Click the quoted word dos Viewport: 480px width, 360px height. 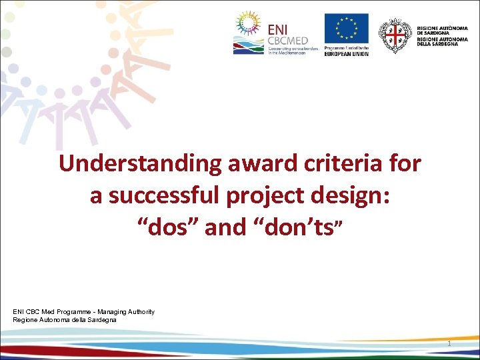click(167, 229)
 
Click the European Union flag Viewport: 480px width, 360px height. click(346, 29)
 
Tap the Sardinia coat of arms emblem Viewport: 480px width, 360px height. click(395, 35)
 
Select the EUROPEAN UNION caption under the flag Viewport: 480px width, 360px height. click(346, 53)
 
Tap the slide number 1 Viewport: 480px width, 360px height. click(449, 343)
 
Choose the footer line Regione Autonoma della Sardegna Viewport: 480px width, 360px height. click(65, 320)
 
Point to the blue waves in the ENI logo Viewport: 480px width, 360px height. click(249, 47)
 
